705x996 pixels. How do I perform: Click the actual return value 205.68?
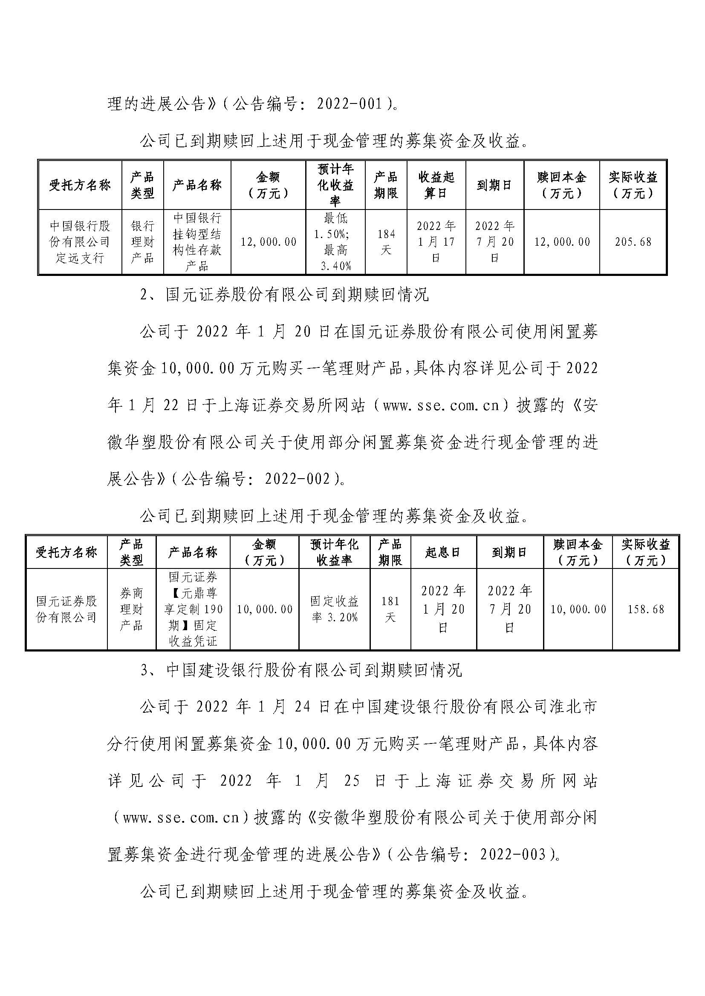633,242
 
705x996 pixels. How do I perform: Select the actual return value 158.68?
645,609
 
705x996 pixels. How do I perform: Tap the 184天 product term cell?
386,242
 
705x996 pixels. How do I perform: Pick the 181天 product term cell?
390,609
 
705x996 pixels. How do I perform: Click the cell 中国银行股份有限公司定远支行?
80,242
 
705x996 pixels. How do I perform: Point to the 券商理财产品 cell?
131,609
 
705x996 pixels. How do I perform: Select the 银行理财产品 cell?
142,242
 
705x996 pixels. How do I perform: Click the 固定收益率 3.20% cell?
334,609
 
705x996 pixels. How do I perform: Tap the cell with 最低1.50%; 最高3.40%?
335,242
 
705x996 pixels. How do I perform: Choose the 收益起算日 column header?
436,185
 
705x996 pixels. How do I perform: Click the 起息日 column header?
443,552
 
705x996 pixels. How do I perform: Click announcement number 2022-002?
298,479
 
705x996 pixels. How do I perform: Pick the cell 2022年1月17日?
436,242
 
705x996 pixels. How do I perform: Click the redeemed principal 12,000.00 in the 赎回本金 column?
562,242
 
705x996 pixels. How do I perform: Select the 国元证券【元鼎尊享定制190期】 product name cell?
193,609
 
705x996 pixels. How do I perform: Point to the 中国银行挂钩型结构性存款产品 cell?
197,242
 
